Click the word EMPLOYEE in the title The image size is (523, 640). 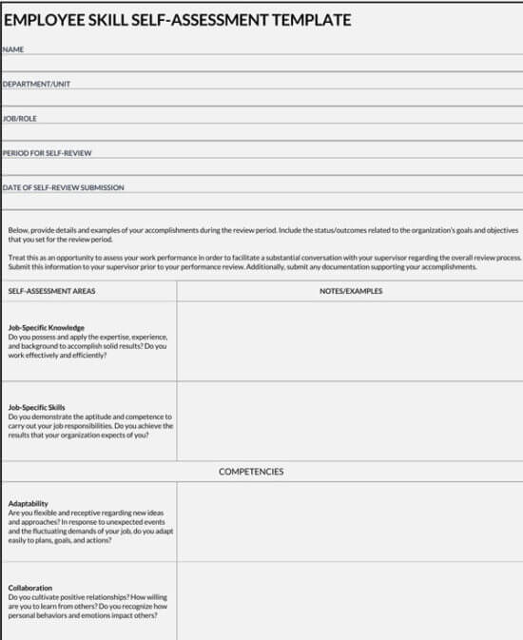click(45, 19)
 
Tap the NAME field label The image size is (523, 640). click(13, 48)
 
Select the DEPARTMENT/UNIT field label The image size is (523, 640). click(36, 84)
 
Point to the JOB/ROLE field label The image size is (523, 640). click(21, 119)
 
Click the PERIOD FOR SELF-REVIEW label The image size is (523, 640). click(48, 153)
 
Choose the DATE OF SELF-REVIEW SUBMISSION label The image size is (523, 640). click(64, 187)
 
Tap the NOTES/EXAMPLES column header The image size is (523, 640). click(351, 291)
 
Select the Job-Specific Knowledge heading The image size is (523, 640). click(46, 328)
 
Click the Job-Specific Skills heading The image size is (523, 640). click(36, 408)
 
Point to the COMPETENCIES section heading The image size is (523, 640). click(251, 472)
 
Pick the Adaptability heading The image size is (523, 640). click(28, 503)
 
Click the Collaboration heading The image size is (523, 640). click(29, 588)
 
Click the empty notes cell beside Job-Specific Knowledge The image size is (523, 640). click(349, 340)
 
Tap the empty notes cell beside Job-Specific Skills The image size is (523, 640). click(349, 421)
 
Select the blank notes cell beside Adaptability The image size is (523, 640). click(349, 523)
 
